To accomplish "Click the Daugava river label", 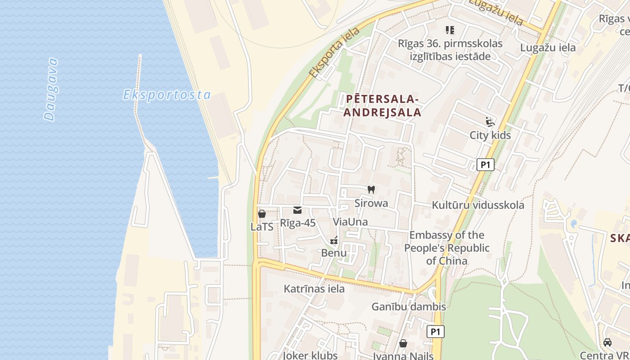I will click(51, 89).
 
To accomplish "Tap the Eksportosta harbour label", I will click(167, 95).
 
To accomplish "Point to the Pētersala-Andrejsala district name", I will click(382, 106).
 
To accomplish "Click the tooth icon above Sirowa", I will click(371, 190).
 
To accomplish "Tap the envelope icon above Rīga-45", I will click(297, 210).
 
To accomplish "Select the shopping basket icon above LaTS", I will click(262, 214).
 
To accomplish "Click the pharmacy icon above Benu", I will click(334, 240).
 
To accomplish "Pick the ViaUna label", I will click(350, 222).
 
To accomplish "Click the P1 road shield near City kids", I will click(485, 165).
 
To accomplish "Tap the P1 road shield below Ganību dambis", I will click(435, 332).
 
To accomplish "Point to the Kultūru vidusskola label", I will click(478, 205).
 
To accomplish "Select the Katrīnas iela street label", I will click(314, 289).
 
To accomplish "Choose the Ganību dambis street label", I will click(409, 307).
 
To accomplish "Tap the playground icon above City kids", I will click(490, 122).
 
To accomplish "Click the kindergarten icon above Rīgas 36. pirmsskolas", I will click(450, 30).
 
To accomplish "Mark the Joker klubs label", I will click(310, 355).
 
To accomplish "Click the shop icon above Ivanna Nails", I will click(403, 344).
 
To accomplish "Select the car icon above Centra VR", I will click(607, 342).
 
